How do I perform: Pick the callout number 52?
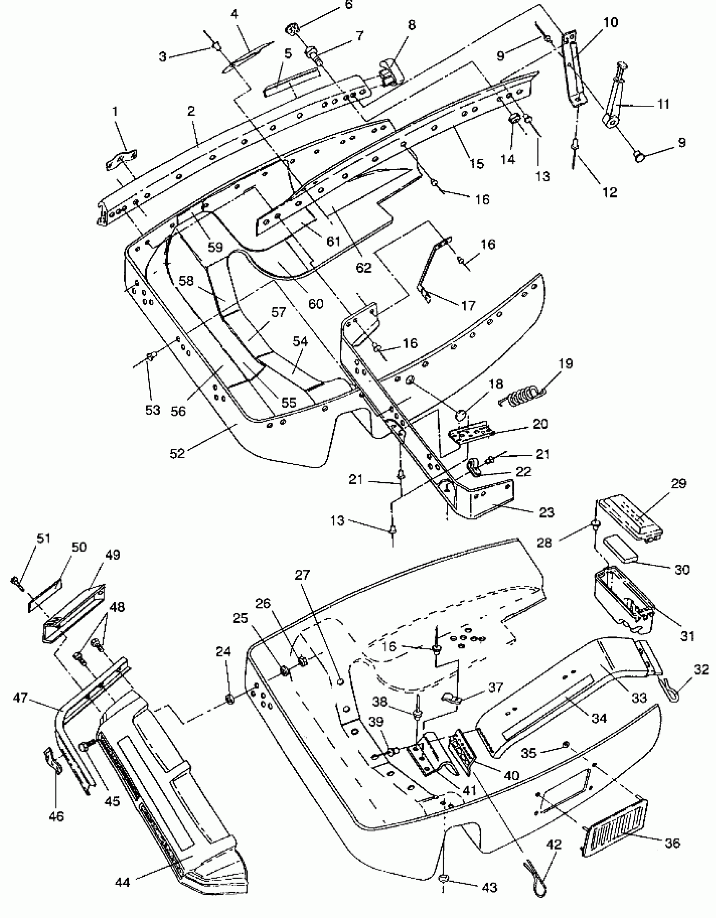177,453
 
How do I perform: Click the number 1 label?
115,111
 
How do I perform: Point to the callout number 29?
678,483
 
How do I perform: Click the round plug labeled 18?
461,416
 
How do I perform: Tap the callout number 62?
363,267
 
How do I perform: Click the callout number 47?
20,698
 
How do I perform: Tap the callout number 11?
663,104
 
